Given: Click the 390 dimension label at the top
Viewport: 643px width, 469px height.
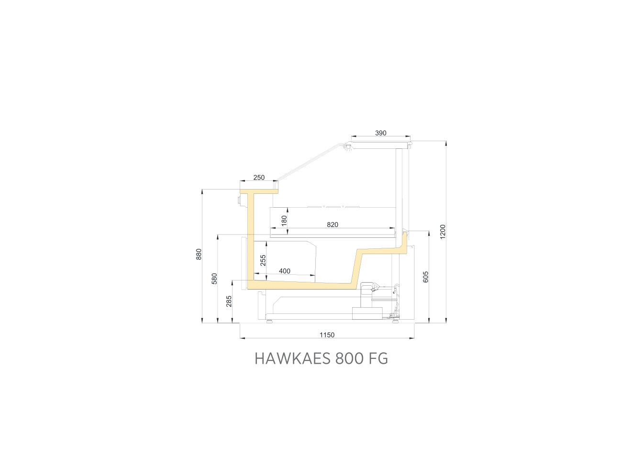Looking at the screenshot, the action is coord(381,133).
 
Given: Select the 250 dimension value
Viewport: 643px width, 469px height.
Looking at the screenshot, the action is coord(259,178).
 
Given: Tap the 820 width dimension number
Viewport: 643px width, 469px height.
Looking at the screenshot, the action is coord(333,224).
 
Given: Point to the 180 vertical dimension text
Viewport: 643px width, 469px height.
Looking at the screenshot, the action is coord(284,221).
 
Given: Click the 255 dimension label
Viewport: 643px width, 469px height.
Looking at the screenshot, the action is coord(263,260).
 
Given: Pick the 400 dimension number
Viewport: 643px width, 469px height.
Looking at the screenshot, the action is coord(285,271).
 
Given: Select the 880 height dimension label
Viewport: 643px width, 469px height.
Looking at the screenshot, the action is coord(199,254).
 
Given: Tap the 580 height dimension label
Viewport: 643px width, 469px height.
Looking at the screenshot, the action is coord(214,279).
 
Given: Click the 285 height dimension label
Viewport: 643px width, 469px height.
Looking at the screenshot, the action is coord(229,301).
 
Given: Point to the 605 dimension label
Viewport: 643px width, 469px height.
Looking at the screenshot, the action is coord(426,277).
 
